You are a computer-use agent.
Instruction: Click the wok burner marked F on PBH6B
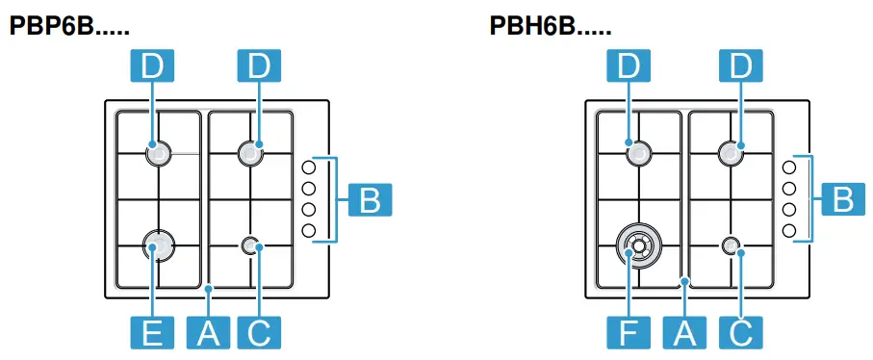tap(637, 247)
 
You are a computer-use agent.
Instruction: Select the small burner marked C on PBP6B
tap(252, 246)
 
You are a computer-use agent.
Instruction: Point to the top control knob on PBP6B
tap(309, 167)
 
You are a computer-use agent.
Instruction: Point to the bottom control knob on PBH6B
tap(789, 230)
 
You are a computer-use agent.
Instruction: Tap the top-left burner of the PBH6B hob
tap(637, 152)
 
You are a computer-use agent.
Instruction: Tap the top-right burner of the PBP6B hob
tap(250, 151)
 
